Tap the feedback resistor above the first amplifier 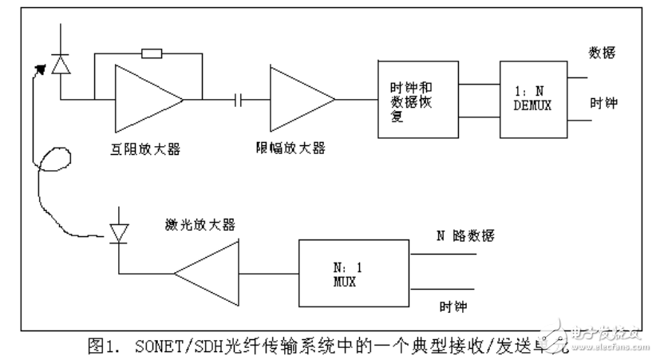(151, 54)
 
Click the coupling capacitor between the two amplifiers (236, 100)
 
